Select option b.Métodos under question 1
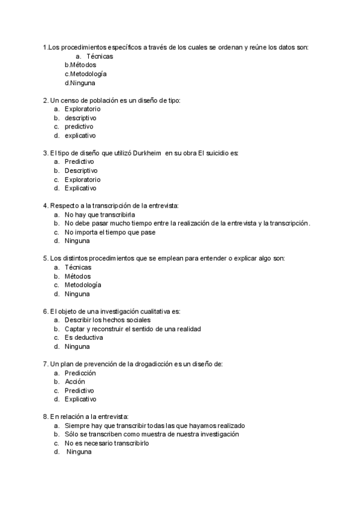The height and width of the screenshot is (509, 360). (x=80, y=65)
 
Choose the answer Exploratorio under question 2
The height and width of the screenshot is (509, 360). (x=82, y=109)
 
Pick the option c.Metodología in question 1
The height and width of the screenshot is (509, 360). (x=85, y=74)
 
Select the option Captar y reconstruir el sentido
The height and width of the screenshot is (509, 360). (x=133, y=329)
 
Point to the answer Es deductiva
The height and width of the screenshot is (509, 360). (x=83, y=337)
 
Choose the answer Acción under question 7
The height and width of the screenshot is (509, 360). (x=75, y=381)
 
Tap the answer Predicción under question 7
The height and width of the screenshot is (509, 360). (x=80, y=373)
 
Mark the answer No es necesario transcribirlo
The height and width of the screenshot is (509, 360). (x=107, y=443)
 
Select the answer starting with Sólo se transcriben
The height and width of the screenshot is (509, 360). (x=152, y=434)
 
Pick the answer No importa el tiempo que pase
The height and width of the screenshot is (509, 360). (x=110, y=232)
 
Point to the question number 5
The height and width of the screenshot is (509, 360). (x=46, y=258)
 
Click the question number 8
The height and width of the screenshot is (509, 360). (x=46, y=417)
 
